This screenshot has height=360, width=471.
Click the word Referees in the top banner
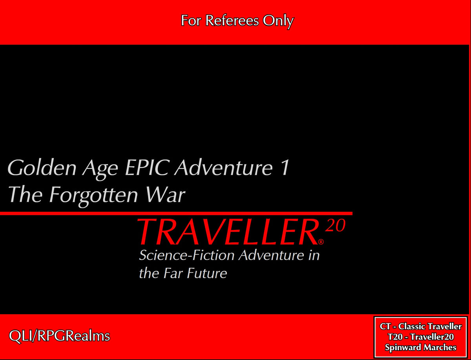[232, 20]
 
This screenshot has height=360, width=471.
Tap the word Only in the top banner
[278, 20]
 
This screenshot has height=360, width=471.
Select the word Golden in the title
[41, 168]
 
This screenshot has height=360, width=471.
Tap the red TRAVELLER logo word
[227, 232]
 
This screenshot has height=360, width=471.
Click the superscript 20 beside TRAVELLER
[336, 227]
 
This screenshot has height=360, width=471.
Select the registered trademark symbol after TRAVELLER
[321, 241]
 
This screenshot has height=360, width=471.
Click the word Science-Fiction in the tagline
[187, 256]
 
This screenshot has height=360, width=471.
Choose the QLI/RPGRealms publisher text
[59, 336]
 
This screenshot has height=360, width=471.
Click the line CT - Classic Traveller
[420, 327]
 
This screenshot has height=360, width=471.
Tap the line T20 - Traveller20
[420, 337]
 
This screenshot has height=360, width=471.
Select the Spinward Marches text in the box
[420, 347]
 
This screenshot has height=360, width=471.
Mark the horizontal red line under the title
[176, 214]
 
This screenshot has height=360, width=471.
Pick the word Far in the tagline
[172, 273]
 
